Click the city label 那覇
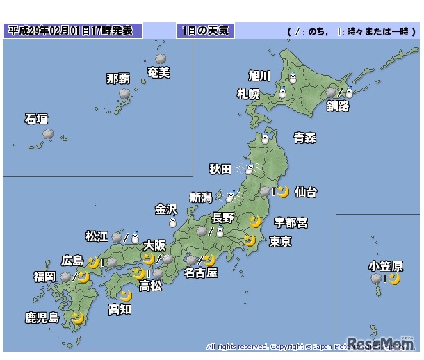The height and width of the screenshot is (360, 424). click(117, 79)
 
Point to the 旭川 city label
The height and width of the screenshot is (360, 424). click(259, 76)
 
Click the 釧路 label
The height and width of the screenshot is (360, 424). click(338, 106)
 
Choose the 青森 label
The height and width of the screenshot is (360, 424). click(304, 138)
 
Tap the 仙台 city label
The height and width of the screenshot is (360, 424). click(305, 191)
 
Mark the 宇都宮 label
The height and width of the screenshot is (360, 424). click(291, 222)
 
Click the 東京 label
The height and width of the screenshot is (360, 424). click(280, 241)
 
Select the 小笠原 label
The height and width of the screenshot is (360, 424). click(386, 265)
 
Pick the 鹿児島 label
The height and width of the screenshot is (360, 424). click(42, 318)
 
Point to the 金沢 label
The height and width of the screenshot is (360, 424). click(166, 208)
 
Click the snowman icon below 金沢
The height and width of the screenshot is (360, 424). click(172, 222)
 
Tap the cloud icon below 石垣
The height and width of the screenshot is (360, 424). click(48, 134)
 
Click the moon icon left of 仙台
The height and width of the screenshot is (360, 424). click(283, 191)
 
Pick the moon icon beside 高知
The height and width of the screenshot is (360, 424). click(125, 296)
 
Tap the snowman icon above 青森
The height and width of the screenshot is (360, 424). click(264, 139)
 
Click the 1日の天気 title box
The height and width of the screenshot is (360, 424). click(205, 31)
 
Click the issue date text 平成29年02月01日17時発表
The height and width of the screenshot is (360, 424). click(72, 31)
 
